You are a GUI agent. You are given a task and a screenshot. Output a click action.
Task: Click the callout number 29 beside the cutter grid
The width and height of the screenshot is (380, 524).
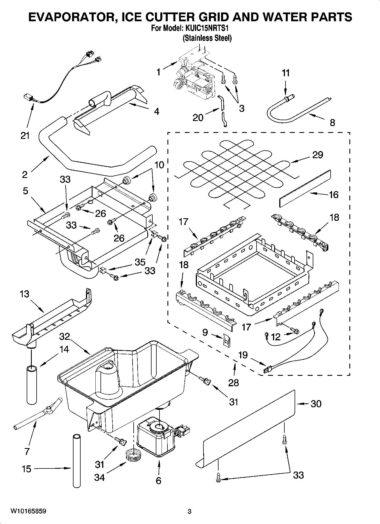tap(318, 155)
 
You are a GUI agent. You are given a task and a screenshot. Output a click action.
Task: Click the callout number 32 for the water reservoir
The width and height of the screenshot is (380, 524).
tap(65, 337)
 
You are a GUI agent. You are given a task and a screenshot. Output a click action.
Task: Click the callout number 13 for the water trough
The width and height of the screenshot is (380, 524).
tap(24, 294)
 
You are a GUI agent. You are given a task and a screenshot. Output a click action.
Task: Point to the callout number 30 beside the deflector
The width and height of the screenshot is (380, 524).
tap(316, 404)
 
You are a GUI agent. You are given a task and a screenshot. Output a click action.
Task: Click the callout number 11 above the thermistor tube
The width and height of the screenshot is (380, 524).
tap(286, 73)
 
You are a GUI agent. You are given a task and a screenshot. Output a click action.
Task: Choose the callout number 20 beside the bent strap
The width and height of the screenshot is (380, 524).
tap(198, 117)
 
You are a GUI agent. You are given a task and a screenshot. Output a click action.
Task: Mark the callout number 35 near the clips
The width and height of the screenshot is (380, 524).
tap(140, 262)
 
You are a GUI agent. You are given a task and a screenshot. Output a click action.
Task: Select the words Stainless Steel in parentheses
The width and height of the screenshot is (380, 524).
tap(207, 38)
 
